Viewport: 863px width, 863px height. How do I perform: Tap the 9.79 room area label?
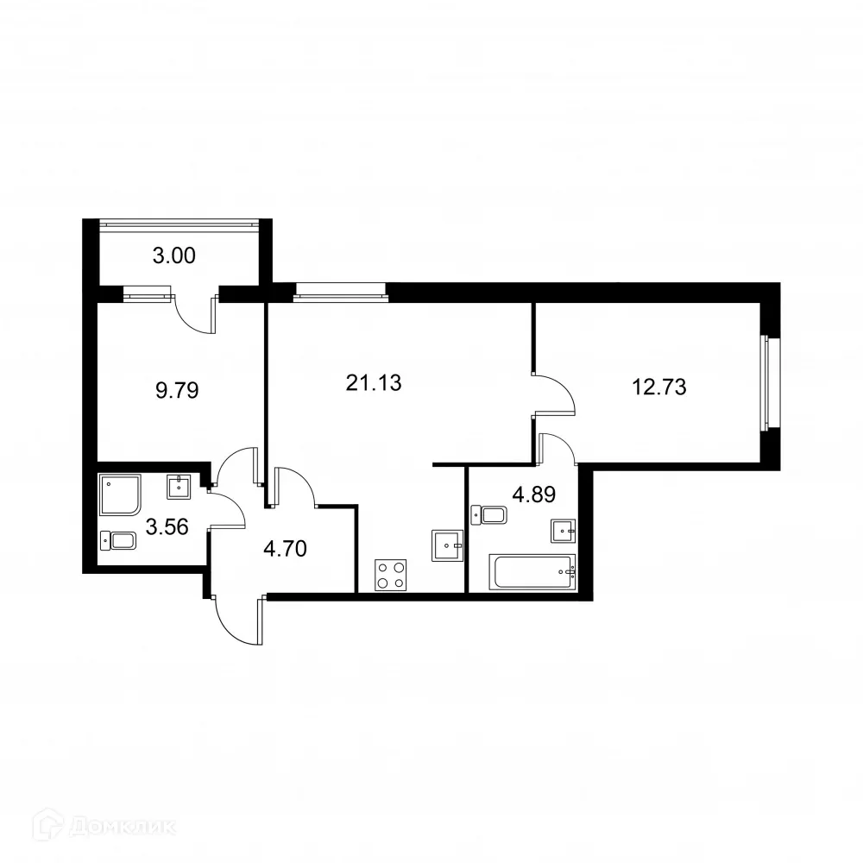tap(178, 390)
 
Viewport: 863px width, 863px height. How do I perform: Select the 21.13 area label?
tap(374, 383)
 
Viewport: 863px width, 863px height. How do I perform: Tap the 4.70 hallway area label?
tap(283, 548)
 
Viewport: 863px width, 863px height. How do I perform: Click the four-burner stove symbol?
tap(390, 576)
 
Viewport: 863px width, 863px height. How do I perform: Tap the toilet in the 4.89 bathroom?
tap(490, 515)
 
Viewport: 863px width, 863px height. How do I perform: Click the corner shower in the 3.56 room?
tap(119, 494)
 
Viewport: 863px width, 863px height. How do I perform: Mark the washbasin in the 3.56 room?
tap(180, 487)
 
